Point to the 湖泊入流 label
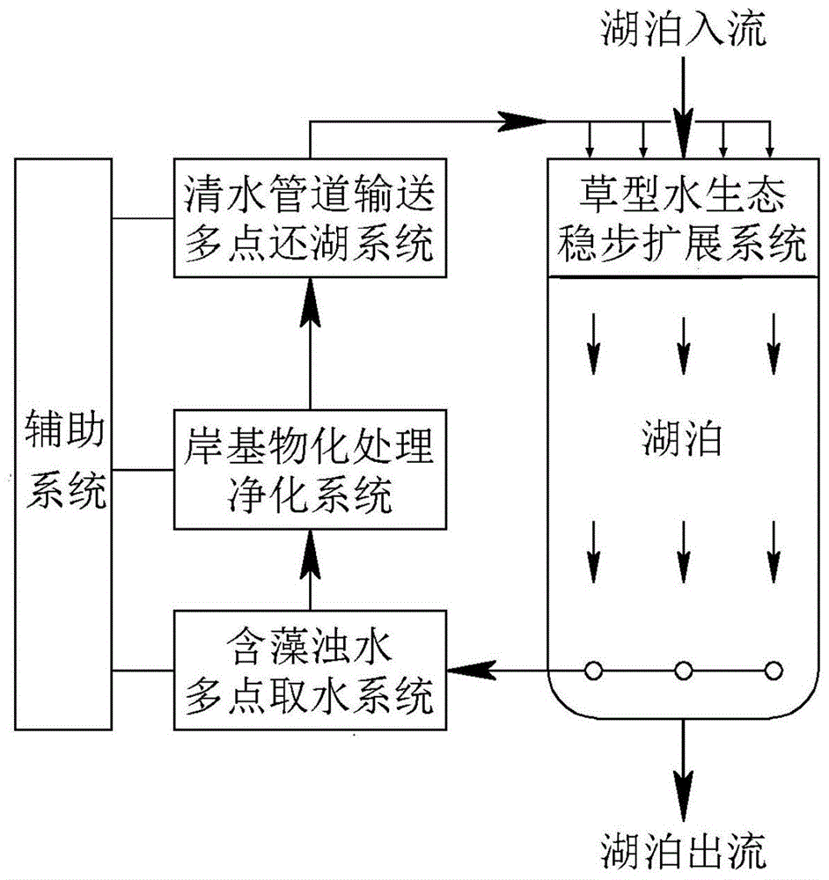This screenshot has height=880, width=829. tap(683, 31)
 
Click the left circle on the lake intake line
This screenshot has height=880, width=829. tap(594, 671)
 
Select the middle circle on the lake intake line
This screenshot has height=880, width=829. tap(683, 671)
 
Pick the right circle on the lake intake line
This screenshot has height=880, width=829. tap(773, 671)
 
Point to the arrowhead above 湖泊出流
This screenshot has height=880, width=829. tap(683, 774)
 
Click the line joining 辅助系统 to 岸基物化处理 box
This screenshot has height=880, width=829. tap(143, 468)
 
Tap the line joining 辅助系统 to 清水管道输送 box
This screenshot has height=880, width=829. tap(143, 217)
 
